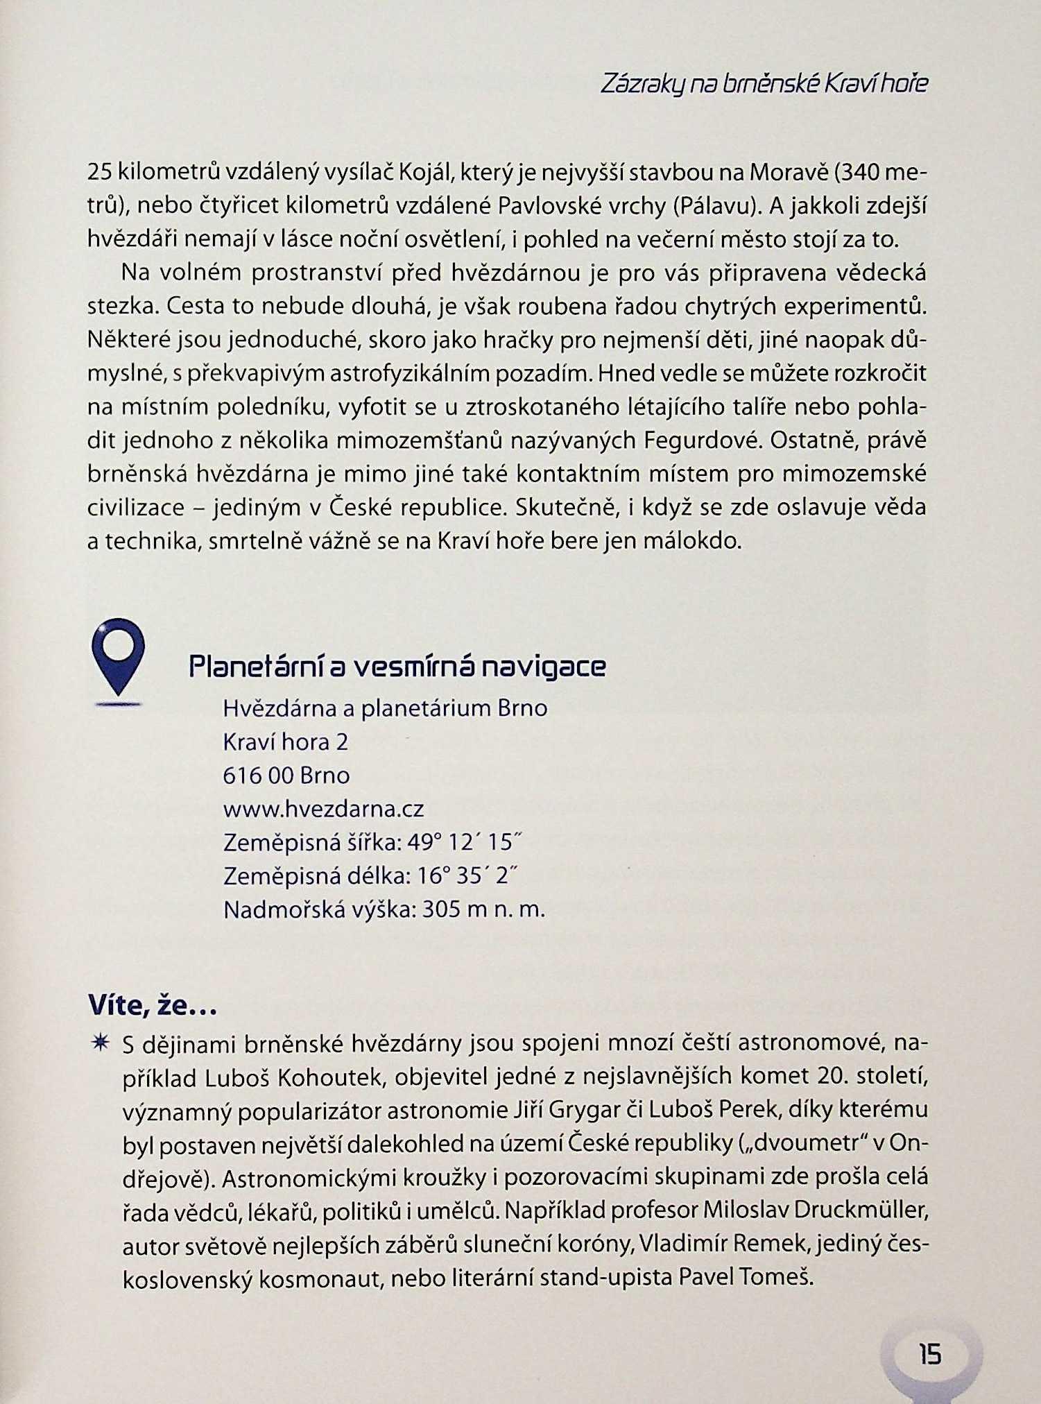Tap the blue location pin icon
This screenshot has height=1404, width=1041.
[119, 656]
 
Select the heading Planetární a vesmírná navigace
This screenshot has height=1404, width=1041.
[397, 667]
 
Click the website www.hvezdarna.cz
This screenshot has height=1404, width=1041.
[323, 809]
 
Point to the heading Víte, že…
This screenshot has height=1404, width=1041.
[153, 1005]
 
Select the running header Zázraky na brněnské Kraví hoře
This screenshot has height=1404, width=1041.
[764, 85]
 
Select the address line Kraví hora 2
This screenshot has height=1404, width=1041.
[285, 742]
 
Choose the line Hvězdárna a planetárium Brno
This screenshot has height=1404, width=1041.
[385, 708]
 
